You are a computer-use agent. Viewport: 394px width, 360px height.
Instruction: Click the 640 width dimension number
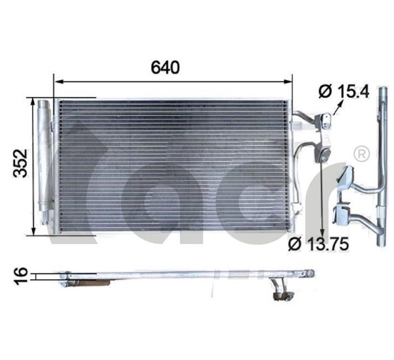(x=165, y=67)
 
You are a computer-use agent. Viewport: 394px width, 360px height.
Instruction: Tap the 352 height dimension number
(x=20, y=163)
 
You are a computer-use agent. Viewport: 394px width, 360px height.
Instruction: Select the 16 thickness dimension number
(x=20, y=276)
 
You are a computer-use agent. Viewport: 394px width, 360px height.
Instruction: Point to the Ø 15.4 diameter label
(x=344, y=91)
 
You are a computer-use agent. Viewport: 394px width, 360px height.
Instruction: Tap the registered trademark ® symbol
(x=361, y=153)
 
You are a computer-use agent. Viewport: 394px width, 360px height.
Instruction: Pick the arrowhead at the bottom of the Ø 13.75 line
(x=322, y=232)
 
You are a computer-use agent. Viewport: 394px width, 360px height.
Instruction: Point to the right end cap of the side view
(x=310, y=273)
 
